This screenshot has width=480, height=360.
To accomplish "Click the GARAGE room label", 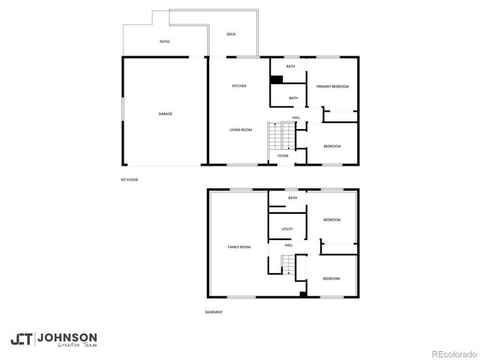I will click(x=165, y=114).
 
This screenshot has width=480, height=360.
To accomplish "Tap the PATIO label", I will click(x=164, y=41).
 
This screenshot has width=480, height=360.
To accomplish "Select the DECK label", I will click(x=232, y=34).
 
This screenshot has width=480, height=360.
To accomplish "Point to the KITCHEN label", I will click(x=239, y=86).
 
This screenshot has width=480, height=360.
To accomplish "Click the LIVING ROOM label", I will click(x=241, y=130).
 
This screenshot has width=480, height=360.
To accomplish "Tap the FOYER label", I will click(x=283, y=156).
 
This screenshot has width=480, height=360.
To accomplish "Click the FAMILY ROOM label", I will click(x=239, y=247).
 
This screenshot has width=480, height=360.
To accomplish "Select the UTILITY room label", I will click(x=287, y=229).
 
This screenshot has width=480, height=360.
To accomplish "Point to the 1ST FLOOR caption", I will click(x=129, y=180).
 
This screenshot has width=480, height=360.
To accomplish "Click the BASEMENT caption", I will click(x=214, y=312).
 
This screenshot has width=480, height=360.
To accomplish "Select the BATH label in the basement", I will click(x=292, y=198).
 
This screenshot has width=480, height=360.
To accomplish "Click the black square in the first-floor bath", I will click(x=276, y=79).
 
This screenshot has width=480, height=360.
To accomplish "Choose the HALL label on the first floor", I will click(x=296, y=117).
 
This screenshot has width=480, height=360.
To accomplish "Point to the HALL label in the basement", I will click(x=288, y=245).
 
